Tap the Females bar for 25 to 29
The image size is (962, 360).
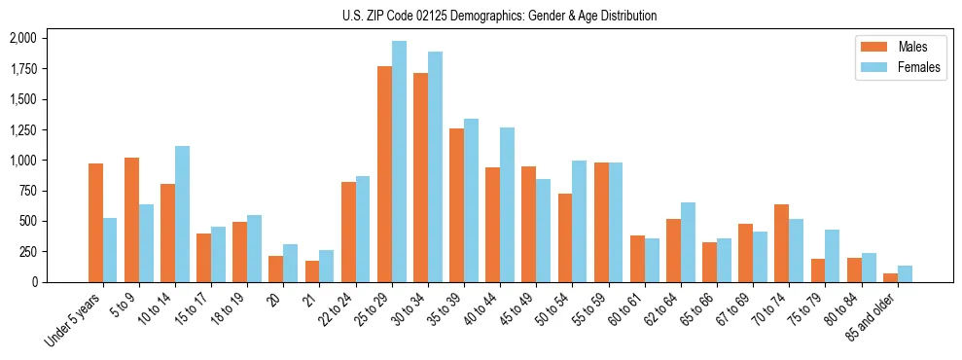pos(399,162)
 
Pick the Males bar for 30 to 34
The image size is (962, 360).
pos(420,178)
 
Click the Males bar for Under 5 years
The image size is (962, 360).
pos(95,223)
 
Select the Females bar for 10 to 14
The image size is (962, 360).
pos(182,214)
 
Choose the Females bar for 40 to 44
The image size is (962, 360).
pos(507,205)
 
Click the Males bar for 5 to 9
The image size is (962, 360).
pos(131,220)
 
